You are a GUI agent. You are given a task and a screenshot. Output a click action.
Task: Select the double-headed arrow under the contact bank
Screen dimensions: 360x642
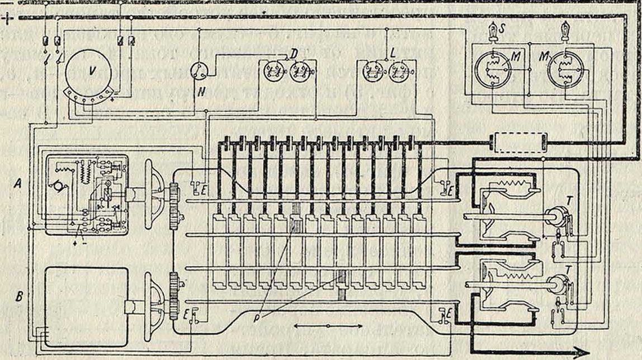pos(327,325)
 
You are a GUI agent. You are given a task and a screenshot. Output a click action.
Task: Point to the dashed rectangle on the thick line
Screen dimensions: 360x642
pos(518,143)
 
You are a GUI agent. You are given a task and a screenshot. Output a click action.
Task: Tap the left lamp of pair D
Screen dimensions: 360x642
pos(272,71)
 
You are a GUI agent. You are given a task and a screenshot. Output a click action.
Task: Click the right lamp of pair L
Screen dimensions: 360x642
pos(400,72)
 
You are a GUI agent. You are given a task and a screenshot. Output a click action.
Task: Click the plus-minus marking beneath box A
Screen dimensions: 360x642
pos(79,243)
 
